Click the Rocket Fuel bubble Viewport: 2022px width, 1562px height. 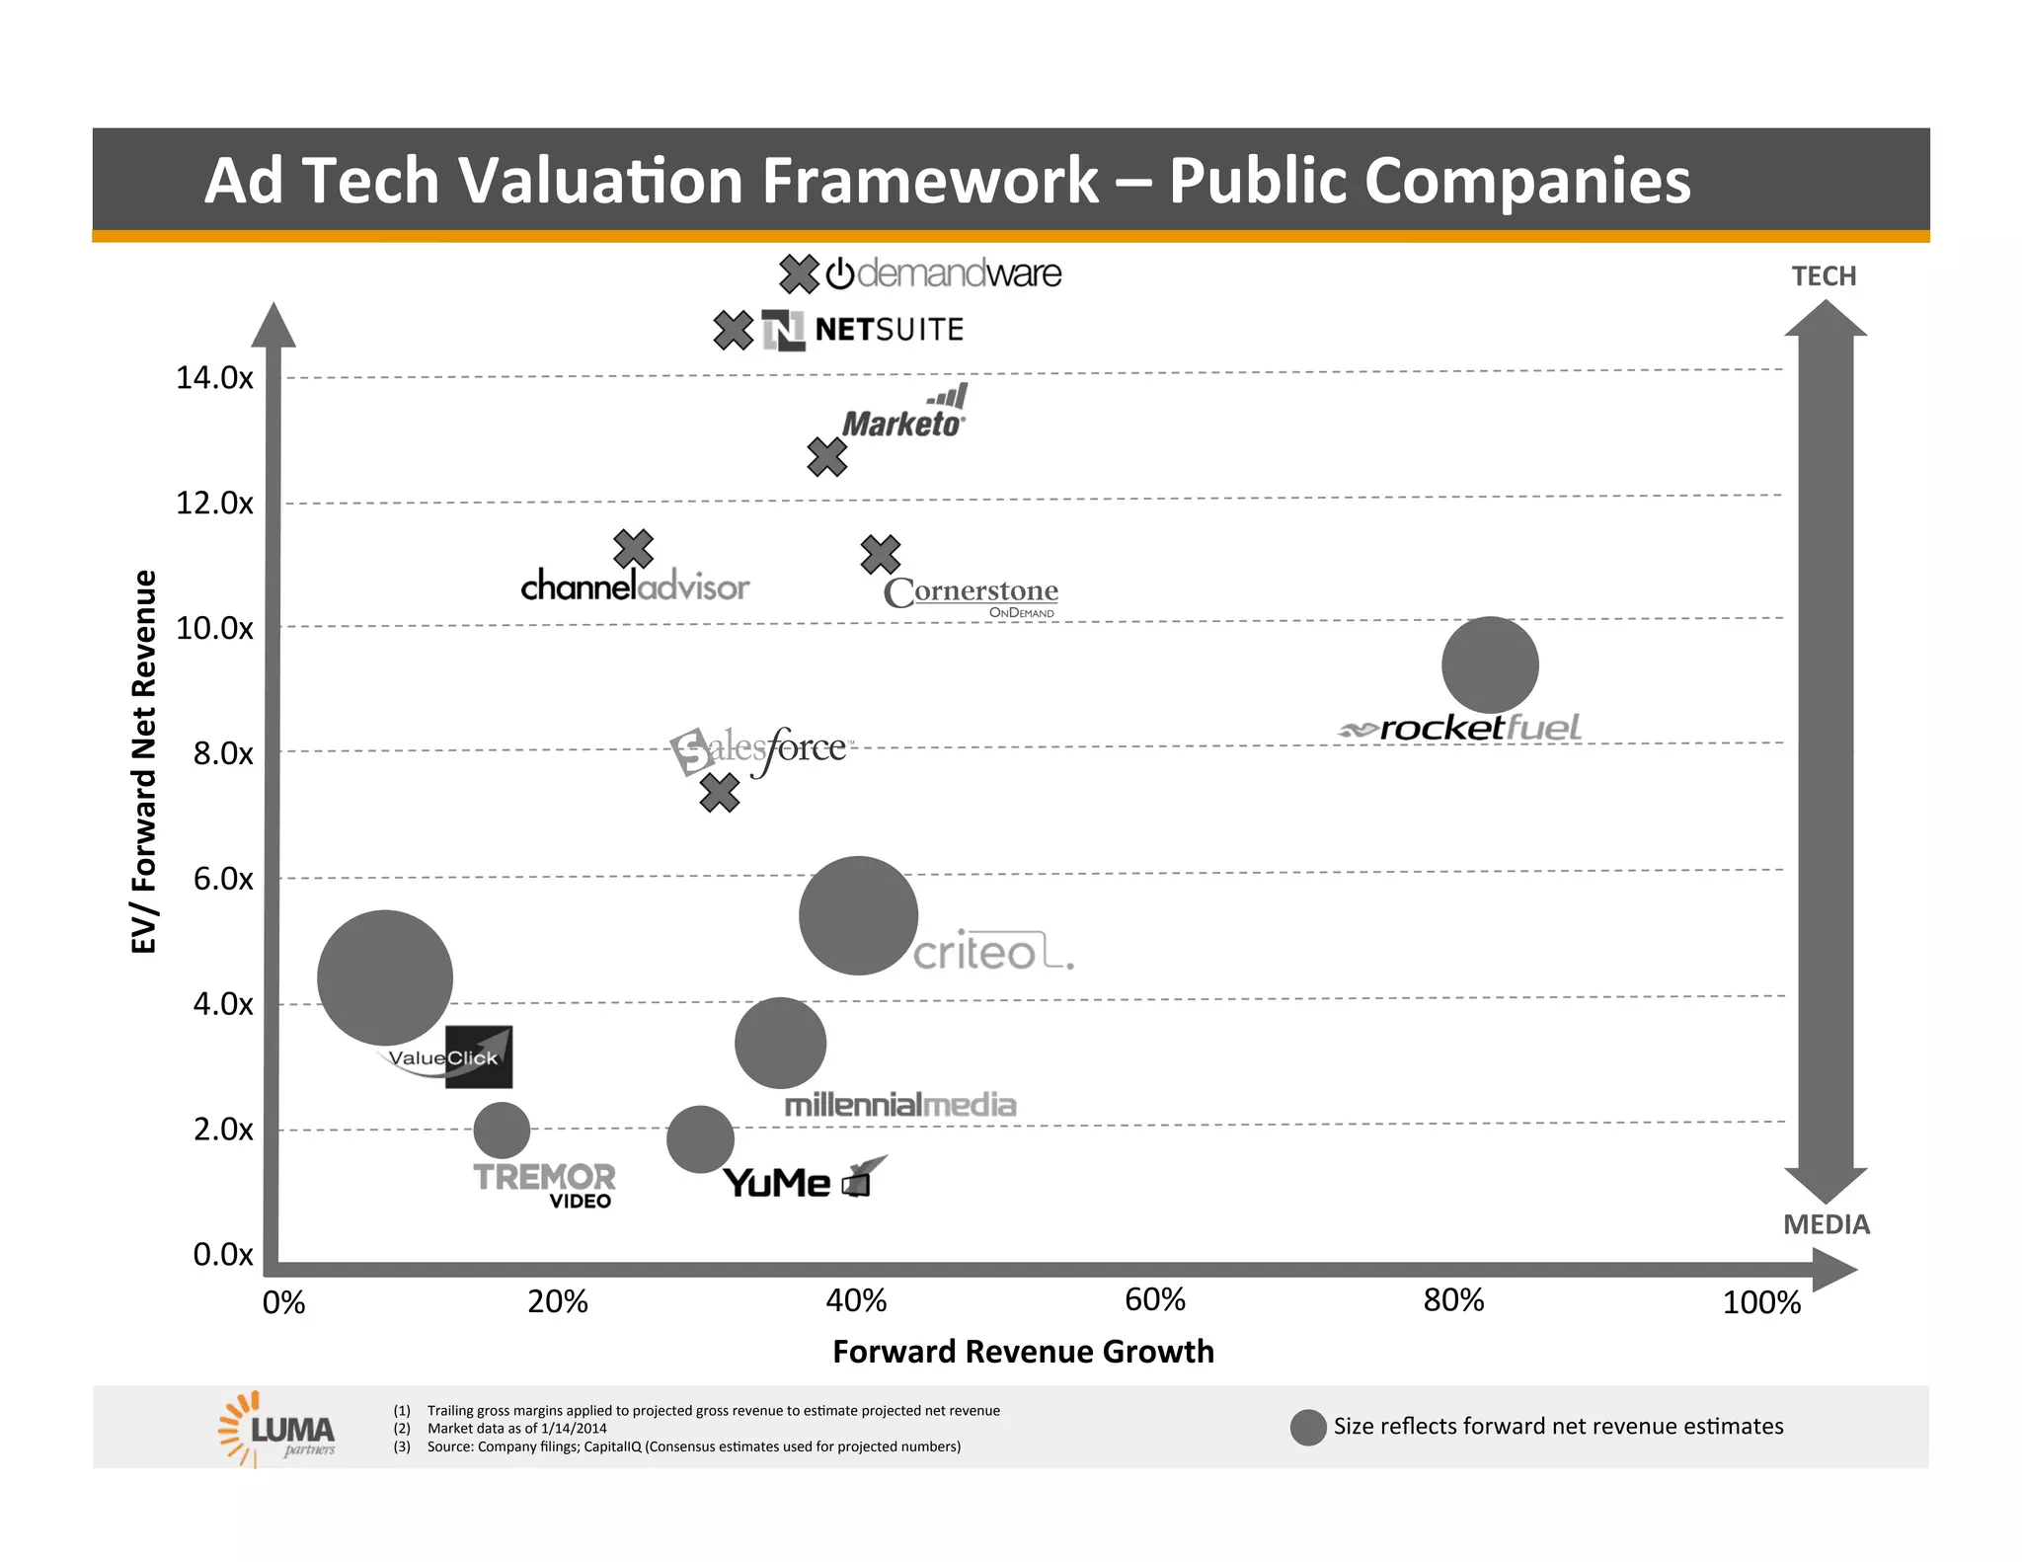click(x=1490, y=664)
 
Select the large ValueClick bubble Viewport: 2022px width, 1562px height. click(x=385, y=977)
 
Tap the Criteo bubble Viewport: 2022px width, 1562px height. click(x=858, y=915)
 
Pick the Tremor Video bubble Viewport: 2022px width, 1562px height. click(x=502, y=1131)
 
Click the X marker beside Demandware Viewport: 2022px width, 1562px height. click(x=799, y=273)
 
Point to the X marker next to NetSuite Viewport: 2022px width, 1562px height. click(x=734, y=330)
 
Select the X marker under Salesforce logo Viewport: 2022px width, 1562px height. click(x=720, y=792)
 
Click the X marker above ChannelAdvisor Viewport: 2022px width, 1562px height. click(x=633, y=549)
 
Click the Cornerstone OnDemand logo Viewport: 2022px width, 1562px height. click(x=972, y=594)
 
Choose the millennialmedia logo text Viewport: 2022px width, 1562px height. click(x=899, y=1105)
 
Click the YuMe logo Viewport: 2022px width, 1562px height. click(x=804, y=1179)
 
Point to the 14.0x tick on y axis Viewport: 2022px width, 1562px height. click(x=214, y=377)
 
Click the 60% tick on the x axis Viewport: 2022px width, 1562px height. click(x=1154, y=1299)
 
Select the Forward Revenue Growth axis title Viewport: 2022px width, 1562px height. click(x=1023, y=1351)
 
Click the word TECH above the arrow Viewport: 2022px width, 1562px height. click(x=1824, y=275)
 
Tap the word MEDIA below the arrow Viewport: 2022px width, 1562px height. click(x=1826, y=1224)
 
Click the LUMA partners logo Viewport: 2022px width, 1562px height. click(x=278, y=1429)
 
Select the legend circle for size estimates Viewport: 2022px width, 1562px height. click(x=1308, y=1427)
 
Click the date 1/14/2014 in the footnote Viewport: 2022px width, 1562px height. click(x=574, y=1428)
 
